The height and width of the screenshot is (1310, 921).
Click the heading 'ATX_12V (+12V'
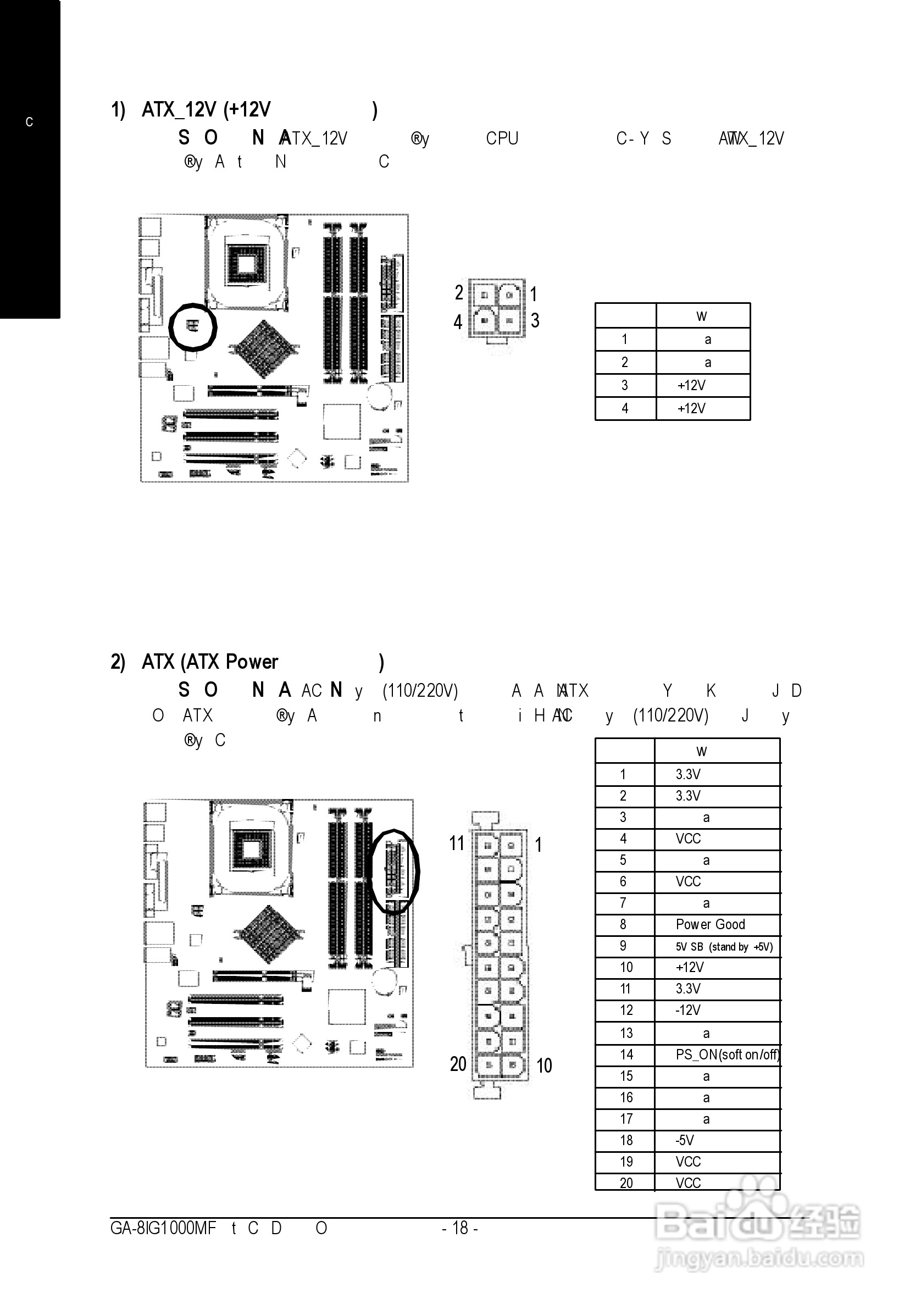click(x=206, y=109)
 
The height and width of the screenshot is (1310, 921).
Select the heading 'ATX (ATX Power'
click(x=209, y=662)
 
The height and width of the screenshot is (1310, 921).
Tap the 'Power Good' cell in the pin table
click(x=710, y=924)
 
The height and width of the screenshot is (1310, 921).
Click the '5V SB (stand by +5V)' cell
click(x=724, y=947)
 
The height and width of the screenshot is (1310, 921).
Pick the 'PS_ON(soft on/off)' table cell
click(x=727, y=1054)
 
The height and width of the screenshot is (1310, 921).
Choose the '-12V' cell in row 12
click(x=687, y=1011)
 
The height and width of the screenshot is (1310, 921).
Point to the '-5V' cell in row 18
click(x=685, y=1141)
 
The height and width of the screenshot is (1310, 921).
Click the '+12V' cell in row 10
click(x=690, y=968)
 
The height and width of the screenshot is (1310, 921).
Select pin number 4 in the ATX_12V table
click(x=625, y=408)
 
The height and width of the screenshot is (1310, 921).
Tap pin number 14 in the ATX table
click(x=626, y=1054)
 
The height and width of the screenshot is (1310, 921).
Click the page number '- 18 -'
click(x=460, y=1228)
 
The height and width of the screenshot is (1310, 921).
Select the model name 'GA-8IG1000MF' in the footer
click(x=163, y=1228)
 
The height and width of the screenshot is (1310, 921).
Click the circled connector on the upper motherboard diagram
click(x=193, y=326)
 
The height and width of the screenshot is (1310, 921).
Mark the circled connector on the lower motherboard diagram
click(x=395, y=872)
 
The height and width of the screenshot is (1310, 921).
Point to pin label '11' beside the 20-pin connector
click(x=457, y=843)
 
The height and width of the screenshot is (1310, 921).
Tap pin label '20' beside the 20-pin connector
click(x=458, y=1064)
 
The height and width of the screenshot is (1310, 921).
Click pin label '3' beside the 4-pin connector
click(x=535, y=321)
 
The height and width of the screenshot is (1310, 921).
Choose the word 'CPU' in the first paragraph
click(x=502, y=138)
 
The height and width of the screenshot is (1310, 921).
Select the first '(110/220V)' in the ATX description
click(x=420, y=691)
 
